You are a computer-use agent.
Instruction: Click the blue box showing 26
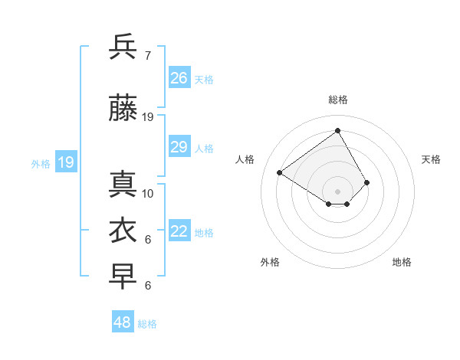[x=179, y=77]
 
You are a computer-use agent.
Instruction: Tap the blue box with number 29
[x=179, y=147]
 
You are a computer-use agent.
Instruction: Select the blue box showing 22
[x=179, y=232]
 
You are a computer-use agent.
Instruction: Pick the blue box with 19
[x=65, y=162]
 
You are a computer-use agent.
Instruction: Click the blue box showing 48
[x=123, y=322]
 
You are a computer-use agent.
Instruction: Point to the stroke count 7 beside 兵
[x=147, y=56]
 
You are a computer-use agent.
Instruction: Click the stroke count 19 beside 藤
[x=148, y=117]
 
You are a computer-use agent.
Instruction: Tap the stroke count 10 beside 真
[x=148, y=194]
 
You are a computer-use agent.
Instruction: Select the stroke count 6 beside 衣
[x=148, y=240]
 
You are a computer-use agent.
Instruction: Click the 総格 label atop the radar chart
[x=337, y=100]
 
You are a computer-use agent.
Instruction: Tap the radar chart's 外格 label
[x=270, y=262]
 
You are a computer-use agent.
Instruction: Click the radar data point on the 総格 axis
[x=337, y=130]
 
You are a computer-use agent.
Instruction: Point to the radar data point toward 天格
[x=366, y=182]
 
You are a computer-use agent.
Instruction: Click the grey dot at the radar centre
[x=337, y=191]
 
